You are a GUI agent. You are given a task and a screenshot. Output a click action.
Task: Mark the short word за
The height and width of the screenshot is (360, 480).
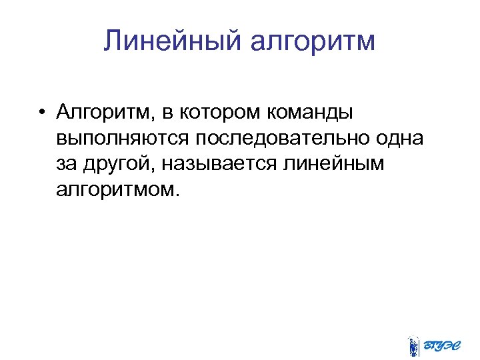click(67, 164)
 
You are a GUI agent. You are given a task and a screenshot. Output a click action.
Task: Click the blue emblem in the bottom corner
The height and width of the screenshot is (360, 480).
click(414, 346)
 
